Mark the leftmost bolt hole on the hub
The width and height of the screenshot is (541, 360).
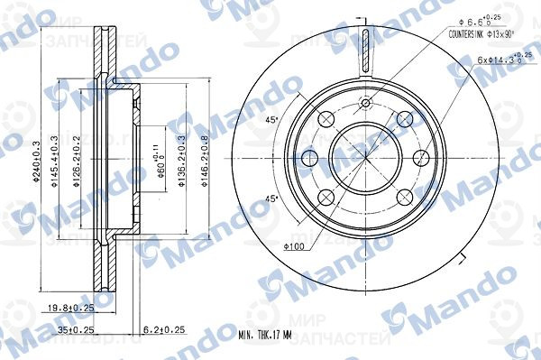point(309,159)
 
